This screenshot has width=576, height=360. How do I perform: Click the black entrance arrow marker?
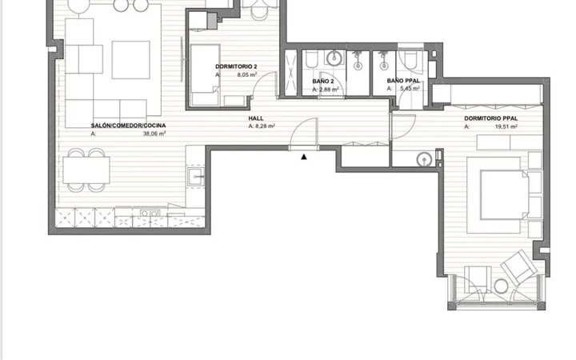[x=304, y=157]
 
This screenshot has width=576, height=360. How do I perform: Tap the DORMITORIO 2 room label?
[x=236, y=66]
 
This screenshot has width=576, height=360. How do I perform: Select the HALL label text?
[x=256, y=118]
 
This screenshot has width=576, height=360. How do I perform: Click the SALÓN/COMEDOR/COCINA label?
[x=128, y=126]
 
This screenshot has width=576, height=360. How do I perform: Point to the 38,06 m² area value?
[x=154, y=134]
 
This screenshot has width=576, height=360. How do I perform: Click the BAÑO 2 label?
[x=323, y=81]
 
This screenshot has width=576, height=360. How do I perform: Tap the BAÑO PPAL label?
[x=403, y=81]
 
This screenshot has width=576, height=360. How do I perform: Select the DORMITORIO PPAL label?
[x=490, y=118]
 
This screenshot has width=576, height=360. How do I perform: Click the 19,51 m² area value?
[x=506, y=126]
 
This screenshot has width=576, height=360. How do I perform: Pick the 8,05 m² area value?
[x=247, y=74]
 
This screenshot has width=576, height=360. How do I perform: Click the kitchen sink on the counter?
[x=196, y=177]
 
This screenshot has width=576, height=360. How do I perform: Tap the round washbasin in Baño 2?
[x=334, y=58]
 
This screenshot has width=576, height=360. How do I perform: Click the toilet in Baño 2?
[x=311, y=59]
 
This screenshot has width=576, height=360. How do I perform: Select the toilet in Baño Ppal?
[x=410, y=60]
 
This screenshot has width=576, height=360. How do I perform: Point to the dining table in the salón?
[x=86, y=170]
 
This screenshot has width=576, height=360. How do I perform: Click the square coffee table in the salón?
[x=130, y=60]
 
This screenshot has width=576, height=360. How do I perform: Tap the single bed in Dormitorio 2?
[x=205, y=75]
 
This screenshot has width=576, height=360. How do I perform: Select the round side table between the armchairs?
[x=501, y=286]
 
